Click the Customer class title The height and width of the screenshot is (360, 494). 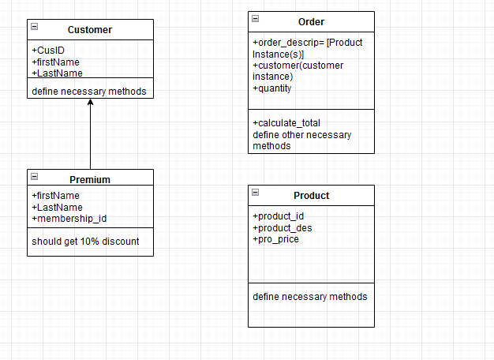[x=90, y=30]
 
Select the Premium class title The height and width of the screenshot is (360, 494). [x=90, y=179]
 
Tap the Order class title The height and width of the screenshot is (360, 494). [x=311, y=22]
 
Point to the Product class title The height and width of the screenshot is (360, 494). [x=311, y=196]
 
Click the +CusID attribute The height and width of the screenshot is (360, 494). [x=48, y=51]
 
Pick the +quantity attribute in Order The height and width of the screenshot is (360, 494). [x=272, y=88]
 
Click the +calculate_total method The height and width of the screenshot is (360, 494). [x=286, y=123]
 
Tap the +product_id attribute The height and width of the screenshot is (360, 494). [x=278, y=216]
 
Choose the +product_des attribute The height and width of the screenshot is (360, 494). [x=283, y=228]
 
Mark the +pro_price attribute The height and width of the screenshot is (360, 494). [x=275, y=239]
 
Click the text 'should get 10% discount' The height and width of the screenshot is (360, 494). [x=85, y=241]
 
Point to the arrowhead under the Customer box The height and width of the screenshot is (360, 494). [x=90, y=103]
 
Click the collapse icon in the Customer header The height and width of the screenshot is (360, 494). [x=34, y=27]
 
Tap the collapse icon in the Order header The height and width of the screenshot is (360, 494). [x=255, y=18]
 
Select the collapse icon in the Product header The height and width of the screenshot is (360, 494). [x=255, y=193]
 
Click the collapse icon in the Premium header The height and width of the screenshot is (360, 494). [x=34, y=176]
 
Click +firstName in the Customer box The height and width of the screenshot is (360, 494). [x=55, y=62]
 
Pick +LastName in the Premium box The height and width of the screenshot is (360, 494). [x=57, y=207]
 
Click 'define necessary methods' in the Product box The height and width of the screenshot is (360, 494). [x=309, y=297]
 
